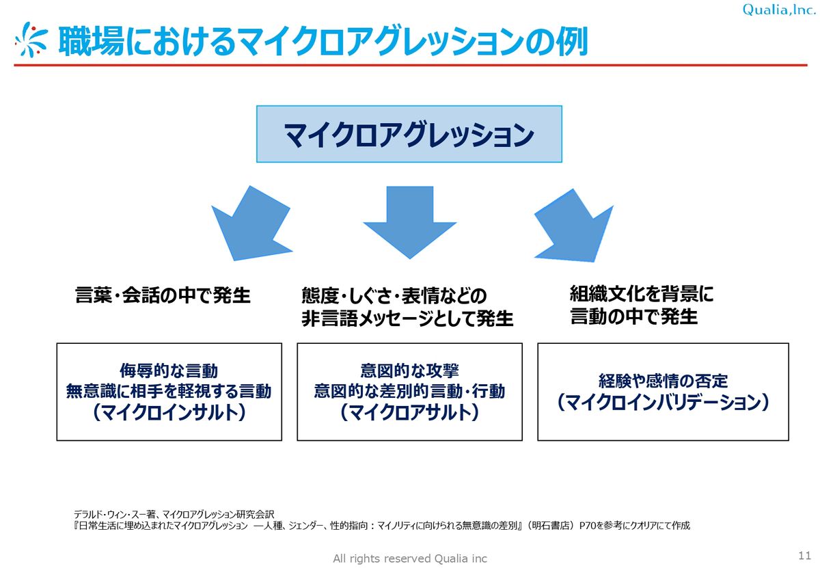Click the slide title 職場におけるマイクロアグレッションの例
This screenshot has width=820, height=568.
click(322, 42)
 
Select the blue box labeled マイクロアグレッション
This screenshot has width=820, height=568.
click(409, 134)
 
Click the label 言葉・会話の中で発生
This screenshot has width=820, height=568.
click(163, 296)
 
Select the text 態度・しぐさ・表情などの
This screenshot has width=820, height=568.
click(394, 296)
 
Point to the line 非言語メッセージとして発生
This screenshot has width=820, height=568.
click(407, 319)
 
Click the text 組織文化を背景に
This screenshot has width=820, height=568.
click(642, 295)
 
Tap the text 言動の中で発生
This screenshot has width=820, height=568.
click(634, 317)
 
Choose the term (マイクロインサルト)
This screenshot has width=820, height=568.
click(169, 413)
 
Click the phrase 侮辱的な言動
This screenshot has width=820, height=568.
click(169, 371)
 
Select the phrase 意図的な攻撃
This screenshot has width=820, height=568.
click(409, 371)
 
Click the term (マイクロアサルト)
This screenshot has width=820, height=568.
click(409, 413)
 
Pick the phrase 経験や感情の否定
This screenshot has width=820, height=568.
click(664, 381)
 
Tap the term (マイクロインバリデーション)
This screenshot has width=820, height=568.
click(664, 403)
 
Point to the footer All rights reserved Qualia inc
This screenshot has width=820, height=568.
click(410, 558)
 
